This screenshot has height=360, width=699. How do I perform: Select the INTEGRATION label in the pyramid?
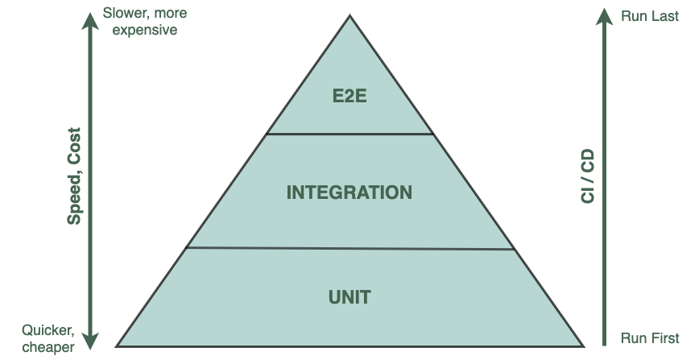pyautogui.click(x=349, y=192)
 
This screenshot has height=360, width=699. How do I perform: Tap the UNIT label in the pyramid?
pyautogui.click(x=349, y=297)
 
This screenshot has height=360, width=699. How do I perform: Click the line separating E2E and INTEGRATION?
pyautogui.click(x=349, y=134)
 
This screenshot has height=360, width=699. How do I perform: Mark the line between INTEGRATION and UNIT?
pyautogui.click(x=349, y=248)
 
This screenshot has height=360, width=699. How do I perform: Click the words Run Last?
pyautogui.click(x=650, y=17)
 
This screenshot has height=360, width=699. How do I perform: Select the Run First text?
pyautogui.click(x=650, y=338)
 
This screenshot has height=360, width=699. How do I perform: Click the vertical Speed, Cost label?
pyautogui.click(x=74, y=176)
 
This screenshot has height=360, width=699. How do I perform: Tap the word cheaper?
pyautogui.click(x=48, y=346)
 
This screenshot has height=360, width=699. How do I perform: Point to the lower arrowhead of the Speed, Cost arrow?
pyautogui.click(x=90, y=341)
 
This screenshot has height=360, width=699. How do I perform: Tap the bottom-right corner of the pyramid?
pyautogui.click(x=580, y=345)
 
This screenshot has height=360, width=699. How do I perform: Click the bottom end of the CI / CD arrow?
pyautogui.click(x=604, y=344)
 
